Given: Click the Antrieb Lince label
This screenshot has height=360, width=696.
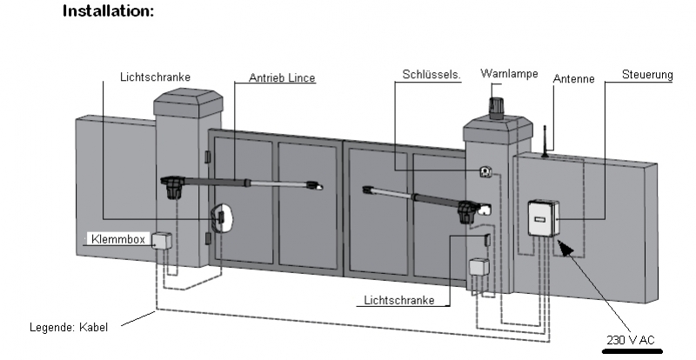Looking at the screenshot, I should point(281,78).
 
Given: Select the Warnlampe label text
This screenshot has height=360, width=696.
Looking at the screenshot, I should point(509,74).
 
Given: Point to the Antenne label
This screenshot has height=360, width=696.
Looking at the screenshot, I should point(573,79).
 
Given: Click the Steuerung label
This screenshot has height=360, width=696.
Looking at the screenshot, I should point(647,76).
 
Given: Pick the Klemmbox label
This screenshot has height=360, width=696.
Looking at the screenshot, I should point(117,238).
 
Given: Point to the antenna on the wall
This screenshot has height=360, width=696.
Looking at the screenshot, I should point(543,141).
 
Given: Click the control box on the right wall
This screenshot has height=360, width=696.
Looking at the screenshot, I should point(543,217).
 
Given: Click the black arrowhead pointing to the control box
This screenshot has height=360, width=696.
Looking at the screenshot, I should point(565,249).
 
